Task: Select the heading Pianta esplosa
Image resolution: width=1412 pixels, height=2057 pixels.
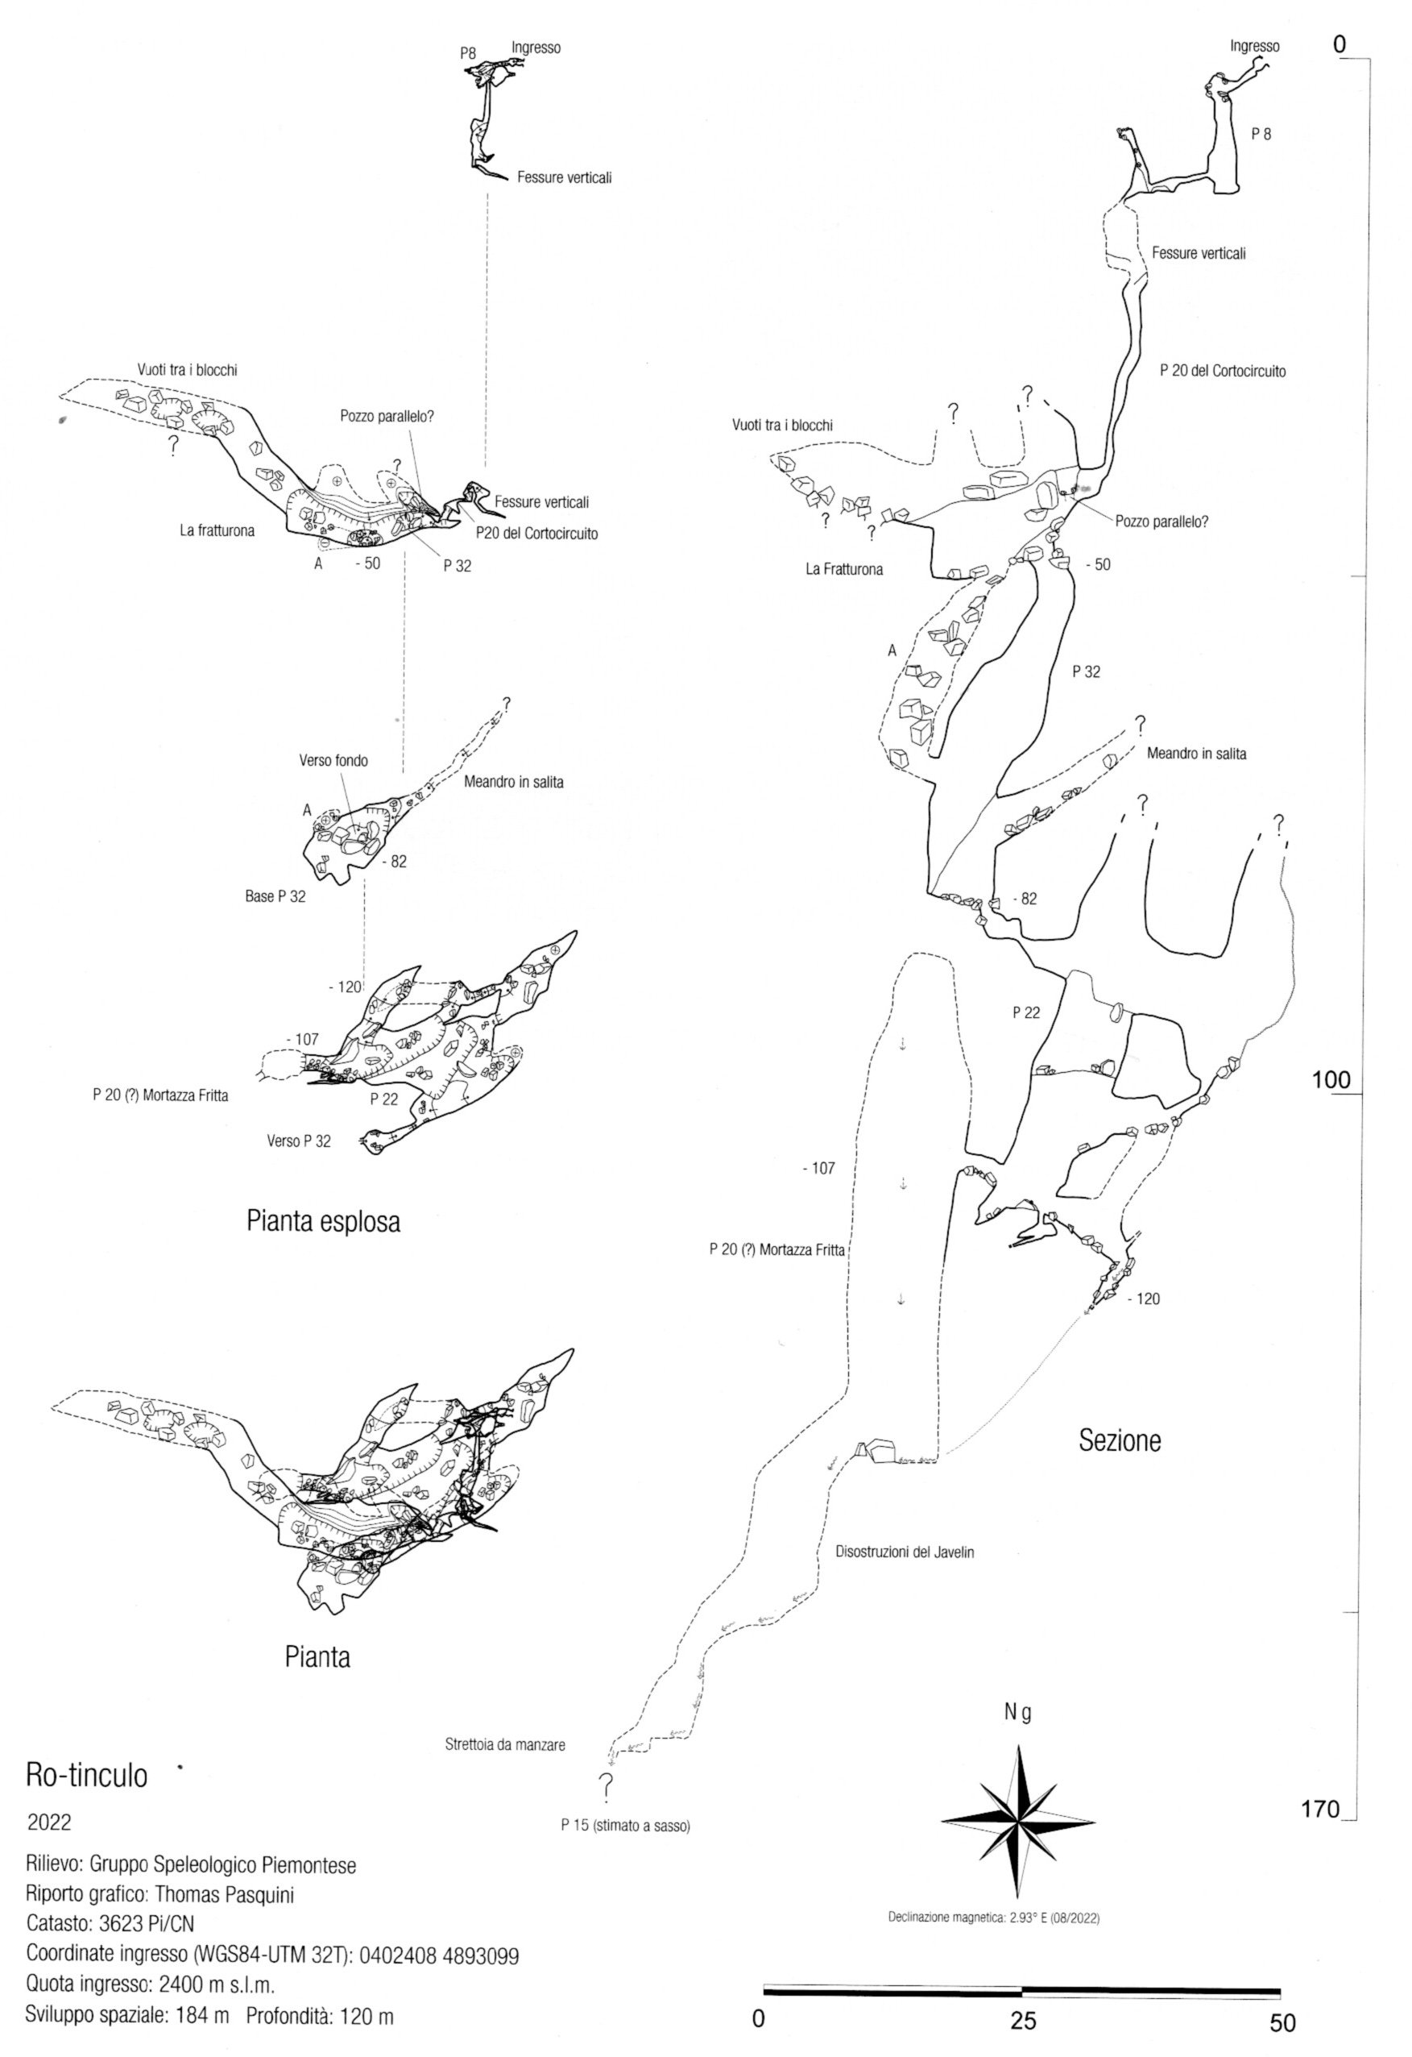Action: [x=323, y=1222]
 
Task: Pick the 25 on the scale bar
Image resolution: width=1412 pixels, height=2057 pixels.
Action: [x=1024, y=2015]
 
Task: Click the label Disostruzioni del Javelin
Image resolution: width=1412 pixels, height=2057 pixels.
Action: [x=905, y=1552]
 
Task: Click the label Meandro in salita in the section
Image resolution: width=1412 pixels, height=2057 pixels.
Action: [x=1196, y=754]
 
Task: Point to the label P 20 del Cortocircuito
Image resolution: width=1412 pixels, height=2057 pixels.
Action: [x=1223, y=372]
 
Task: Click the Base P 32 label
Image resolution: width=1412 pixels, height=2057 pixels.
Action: [x=275, y=896]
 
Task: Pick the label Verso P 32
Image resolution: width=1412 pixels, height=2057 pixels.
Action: [x=299, y=1141]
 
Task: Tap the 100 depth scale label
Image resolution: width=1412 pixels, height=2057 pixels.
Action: [x=1331, y=1081]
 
